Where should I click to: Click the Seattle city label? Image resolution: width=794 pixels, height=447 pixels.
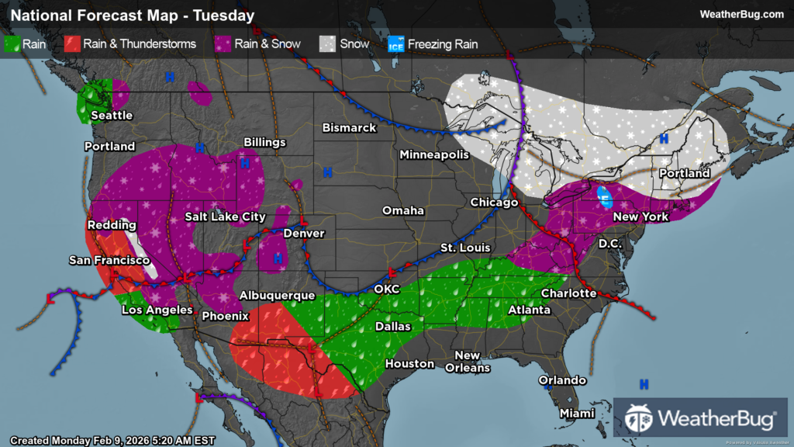112,116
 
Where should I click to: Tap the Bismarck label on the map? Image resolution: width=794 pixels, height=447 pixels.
349,127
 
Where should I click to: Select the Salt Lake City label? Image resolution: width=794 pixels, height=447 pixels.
225,217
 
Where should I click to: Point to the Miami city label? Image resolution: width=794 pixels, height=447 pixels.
577,413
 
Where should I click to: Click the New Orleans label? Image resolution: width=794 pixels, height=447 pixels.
468,361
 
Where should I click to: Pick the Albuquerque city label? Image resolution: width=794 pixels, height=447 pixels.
277,296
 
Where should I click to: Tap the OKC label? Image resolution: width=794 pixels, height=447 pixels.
386,289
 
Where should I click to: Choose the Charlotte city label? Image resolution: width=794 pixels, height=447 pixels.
568,293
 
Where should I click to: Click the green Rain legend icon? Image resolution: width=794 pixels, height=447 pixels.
12,43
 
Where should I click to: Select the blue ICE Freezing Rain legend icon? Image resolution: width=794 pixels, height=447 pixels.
396,43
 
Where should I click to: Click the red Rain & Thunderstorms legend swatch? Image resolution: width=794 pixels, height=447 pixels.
71,43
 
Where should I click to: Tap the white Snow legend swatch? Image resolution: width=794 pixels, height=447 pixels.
329,43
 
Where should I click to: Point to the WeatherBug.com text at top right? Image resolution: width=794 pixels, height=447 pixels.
741,14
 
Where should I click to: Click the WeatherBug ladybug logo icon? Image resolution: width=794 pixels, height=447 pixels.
638,418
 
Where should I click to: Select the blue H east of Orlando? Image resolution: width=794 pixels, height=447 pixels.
644,384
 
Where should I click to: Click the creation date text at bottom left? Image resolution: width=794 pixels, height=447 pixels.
112,440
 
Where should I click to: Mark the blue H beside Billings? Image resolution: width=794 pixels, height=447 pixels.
245,164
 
